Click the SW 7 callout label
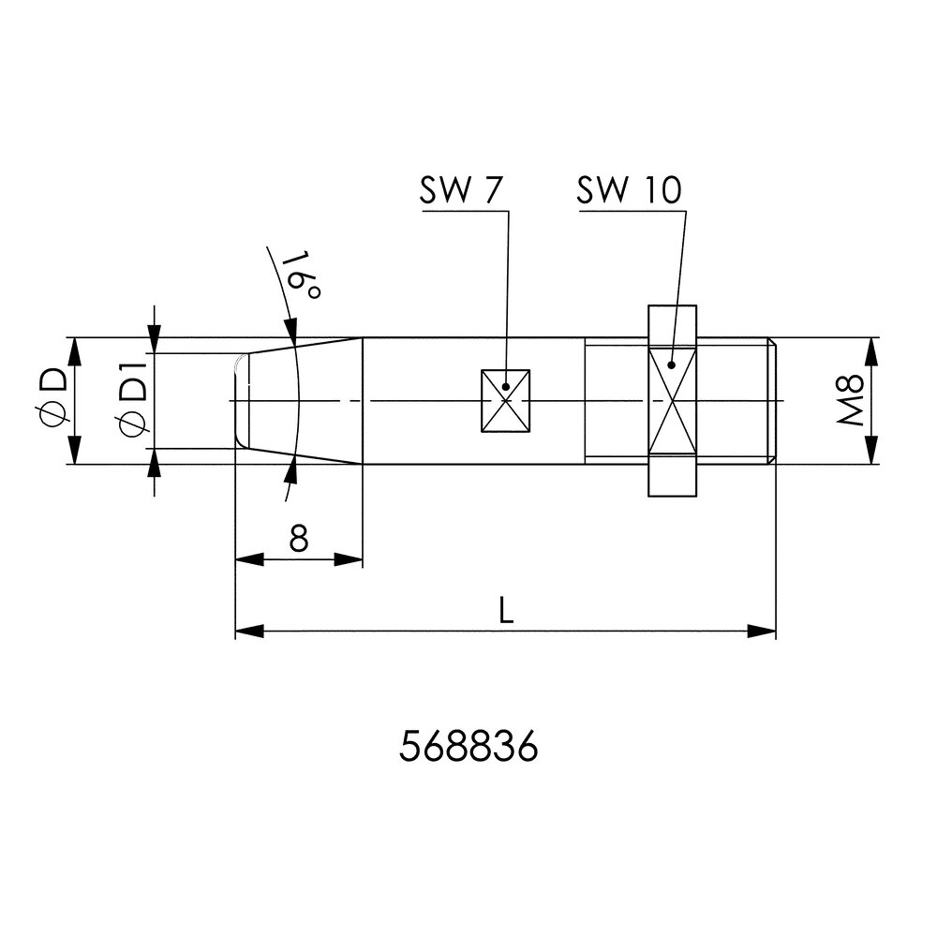tap(461, 190)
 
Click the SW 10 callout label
tap(629, 190)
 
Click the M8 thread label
tap(850, 400)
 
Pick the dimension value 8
tap(299, 538)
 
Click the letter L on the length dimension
tap(506, 610)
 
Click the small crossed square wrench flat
tap(506, 401)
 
